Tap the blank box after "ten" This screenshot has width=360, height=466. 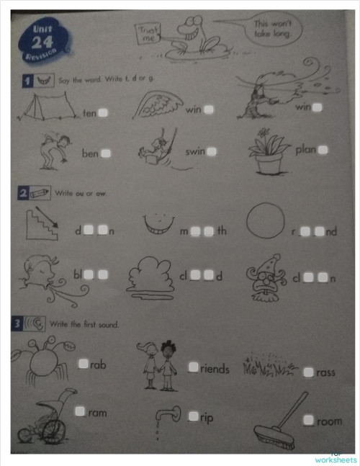(104, 112)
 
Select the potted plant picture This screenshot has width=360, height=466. (269, 153)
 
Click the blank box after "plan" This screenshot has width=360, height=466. (323, 150)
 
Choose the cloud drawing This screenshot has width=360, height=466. (149, 275)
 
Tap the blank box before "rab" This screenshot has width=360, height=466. (84, 364)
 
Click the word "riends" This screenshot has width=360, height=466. (215, 369)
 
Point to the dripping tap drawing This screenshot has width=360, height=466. (168, 416)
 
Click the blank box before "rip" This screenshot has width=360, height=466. (193, 416)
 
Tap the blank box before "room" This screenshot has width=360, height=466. (308, 420)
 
